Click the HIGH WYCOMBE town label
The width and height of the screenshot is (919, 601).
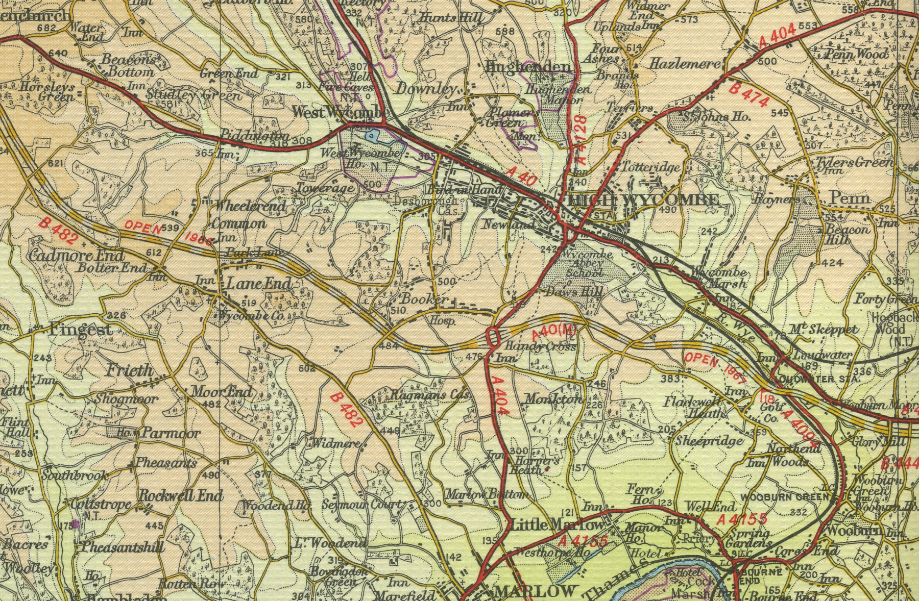[644, 200]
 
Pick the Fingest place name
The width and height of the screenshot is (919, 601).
[80, 331]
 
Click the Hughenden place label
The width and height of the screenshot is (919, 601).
[528, 67]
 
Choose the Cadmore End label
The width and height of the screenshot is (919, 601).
[77, 255]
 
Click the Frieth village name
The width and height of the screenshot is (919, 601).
[129, 370]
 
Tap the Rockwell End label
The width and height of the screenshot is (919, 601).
[180, 495]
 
